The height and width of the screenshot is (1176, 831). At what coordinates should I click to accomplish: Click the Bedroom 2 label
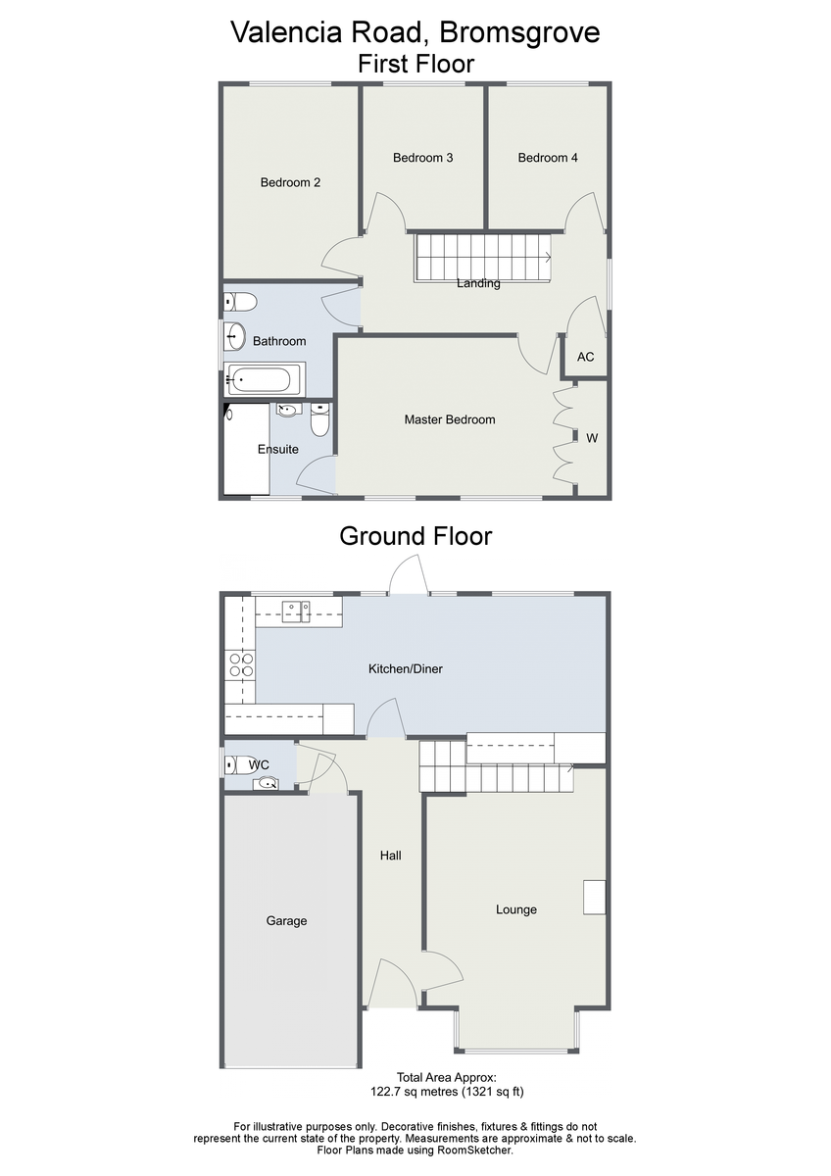[x=290, y=182]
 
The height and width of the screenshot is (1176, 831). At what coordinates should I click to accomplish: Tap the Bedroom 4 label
[x=548, y=158]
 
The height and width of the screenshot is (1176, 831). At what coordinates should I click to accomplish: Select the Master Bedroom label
[x=450, y=419]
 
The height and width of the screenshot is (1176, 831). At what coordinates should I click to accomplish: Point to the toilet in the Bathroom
[x=240, y=302]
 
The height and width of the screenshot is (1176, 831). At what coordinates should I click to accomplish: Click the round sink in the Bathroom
[x=234, y=336]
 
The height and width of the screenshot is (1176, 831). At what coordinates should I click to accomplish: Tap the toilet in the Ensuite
[x=319, y=419]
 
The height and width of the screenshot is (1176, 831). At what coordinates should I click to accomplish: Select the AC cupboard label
[x=585, y=357]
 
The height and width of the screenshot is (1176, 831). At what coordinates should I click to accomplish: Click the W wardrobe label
[x=592, y=438]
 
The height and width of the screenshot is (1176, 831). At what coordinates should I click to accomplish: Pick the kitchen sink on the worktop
[x=296, y=612]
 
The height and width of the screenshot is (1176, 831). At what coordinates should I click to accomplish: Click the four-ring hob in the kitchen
[x=241, y=665]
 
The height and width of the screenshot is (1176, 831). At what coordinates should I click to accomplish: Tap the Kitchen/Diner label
[x=406, y=668]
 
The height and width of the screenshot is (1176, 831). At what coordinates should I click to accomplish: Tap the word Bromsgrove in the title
[x=519, y=32]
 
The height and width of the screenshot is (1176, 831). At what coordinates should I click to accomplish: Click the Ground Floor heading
[x=415, y=536]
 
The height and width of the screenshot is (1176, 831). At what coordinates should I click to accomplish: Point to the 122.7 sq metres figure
[x=415, y=1092]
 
